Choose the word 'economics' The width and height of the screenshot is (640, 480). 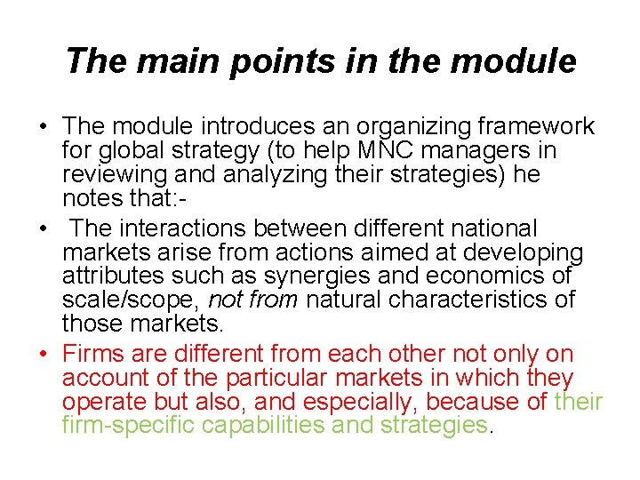click(494, 276)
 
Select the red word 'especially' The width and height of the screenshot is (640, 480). click(436, 402)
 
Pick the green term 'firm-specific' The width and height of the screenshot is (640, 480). click(129, 426)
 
